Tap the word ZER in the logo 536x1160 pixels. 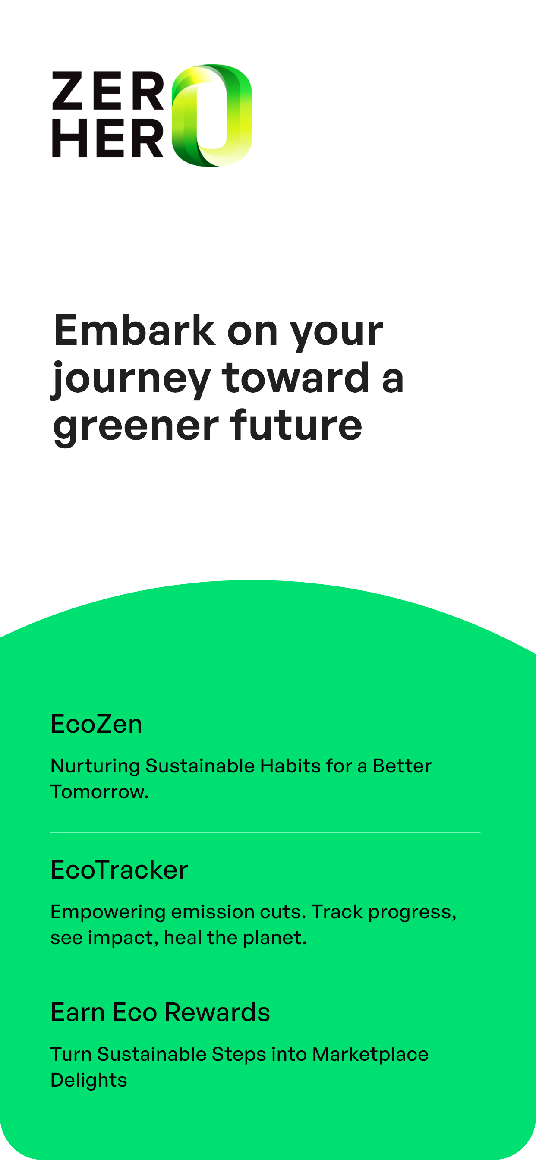(x=108, y=91)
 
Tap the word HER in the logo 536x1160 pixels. (x=108, y=138)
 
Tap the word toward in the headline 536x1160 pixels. (x=296, y=377)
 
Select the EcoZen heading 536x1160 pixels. (x=96, y=724)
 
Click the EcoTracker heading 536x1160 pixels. (x=120, y=870)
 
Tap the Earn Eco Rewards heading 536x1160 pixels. (x=161, y=1012)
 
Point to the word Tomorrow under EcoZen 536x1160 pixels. (x=100, y=791)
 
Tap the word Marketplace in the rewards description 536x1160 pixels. (x=370, y=1055)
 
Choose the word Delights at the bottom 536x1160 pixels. (x=89, y=1081)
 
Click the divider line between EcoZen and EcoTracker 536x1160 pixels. (x=265, y=832)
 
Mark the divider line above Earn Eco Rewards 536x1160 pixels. (x=266, y=978)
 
